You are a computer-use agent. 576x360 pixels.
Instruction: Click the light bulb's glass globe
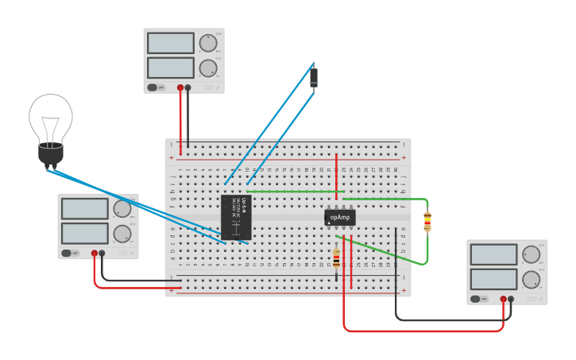(51, 117)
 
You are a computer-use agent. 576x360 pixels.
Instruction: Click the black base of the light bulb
(51, 154)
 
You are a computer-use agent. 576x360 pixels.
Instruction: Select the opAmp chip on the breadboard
(339, 216)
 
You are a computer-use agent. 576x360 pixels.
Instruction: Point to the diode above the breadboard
(314, 77)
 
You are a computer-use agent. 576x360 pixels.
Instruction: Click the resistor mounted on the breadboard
(336, 257)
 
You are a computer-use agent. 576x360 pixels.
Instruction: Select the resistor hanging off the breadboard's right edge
(427, 222)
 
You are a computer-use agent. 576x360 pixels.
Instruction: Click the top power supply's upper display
(170, 43)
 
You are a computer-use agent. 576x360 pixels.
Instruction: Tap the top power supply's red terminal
(180, 87)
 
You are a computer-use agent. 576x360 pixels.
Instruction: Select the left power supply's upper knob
(122, 209)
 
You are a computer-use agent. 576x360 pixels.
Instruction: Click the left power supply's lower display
(85, 233)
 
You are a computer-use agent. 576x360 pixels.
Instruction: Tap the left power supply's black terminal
(102, 254)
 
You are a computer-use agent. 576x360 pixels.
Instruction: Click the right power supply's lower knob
(531, 279)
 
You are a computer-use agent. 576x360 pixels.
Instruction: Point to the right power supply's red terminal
(504, 300)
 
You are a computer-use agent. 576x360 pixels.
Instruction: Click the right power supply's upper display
(493, 254)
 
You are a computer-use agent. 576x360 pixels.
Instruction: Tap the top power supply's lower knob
(207, 68)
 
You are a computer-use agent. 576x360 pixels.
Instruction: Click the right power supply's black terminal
(511, 300)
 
